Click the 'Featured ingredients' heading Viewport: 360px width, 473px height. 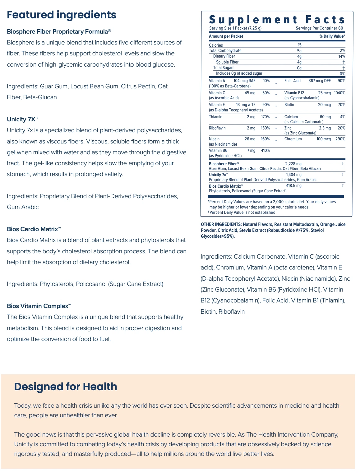62,15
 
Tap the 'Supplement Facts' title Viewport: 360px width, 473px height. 277,20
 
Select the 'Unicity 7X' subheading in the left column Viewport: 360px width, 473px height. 22,119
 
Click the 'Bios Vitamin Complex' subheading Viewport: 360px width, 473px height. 39,306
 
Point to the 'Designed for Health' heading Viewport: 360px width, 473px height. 66,386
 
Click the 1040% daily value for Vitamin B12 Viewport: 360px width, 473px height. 339,93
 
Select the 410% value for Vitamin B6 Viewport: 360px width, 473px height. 265,151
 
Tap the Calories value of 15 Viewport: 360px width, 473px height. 299,45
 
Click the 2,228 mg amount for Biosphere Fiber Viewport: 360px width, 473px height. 293,164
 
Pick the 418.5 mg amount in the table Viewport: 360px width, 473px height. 293,186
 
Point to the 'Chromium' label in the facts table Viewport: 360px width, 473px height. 293,139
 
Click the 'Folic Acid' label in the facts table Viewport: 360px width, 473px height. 292,81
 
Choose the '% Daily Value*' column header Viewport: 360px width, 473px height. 332,36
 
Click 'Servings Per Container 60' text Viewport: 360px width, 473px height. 319,28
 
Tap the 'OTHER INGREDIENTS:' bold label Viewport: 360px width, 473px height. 221,224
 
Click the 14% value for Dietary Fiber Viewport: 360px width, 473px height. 342,56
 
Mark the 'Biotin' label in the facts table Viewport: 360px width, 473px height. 289,105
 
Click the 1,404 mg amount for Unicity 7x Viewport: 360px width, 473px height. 293,175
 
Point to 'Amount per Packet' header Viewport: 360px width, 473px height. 226,36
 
